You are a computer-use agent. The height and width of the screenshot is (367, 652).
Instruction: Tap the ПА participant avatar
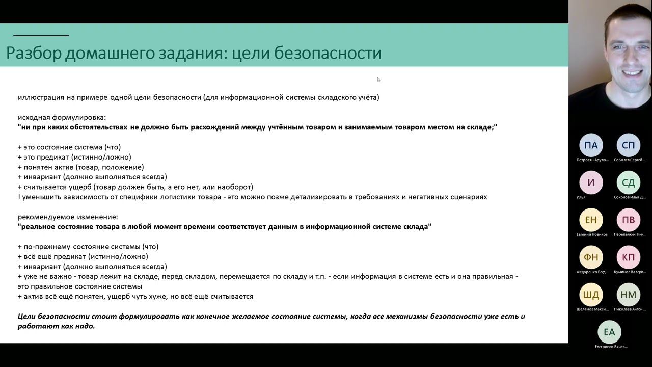pos(591,145)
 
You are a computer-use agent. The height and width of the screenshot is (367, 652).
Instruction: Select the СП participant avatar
pos(629,145)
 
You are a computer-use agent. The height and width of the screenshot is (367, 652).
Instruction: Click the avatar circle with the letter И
pos(591,182)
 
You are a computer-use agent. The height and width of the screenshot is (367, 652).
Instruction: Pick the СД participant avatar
pos(629,182)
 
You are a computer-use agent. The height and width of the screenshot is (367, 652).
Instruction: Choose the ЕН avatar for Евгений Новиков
pos(591,220)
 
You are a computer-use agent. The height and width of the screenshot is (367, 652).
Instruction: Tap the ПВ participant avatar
pos(629,220)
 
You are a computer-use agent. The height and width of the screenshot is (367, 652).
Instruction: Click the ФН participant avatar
pos(591,257)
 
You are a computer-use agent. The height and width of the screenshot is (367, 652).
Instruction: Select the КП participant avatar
pos(629,257)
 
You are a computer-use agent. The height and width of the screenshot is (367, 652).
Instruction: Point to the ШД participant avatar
pos(591,295)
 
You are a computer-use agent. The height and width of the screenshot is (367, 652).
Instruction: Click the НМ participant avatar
pos(629,295)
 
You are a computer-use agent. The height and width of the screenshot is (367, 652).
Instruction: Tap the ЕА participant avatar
pos(609,332)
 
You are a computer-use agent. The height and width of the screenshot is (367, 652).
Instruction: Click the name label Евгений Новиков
pos(592,234)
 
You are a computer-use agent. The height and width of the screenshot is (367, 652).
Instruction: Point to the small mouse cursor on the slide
pos(378,80)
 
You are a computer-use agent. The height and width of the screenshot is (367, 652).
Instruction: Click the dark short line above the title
pos(41,36)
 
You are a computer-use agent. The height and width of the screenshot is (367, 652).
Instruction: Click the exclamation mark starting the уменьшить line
pos(19,197)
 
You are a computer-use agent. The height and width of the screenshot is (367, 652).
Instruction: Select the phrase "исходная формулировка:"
pos(62,117)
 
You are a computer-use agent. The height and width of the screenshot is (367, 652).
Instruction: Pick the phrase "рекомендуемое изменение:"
pos(68,217)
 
